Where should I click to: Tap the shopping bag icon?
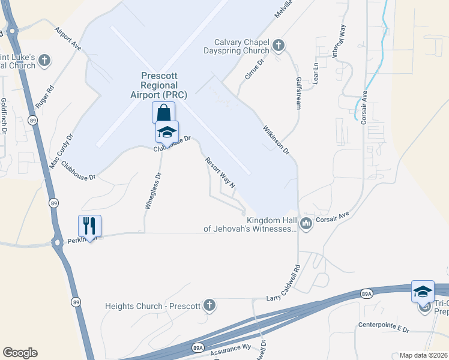[163, 112]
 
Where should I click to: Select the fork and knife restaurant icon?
[89, 226]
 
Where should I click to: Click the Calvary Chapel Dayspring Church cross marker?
[278, 45]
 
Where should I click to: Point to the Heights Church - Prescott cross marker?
[209, 305]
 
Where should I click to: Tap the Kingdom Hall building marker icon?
[306, 224]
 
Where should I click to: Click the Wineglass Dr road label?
[153, 191]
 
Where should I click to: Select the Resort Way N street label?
[220, 173]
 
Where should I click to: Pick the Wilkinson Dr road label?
[276, 139]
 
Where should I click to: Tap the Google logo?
[20, 353]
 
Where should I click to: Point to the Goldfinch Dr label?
[4, 115]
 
